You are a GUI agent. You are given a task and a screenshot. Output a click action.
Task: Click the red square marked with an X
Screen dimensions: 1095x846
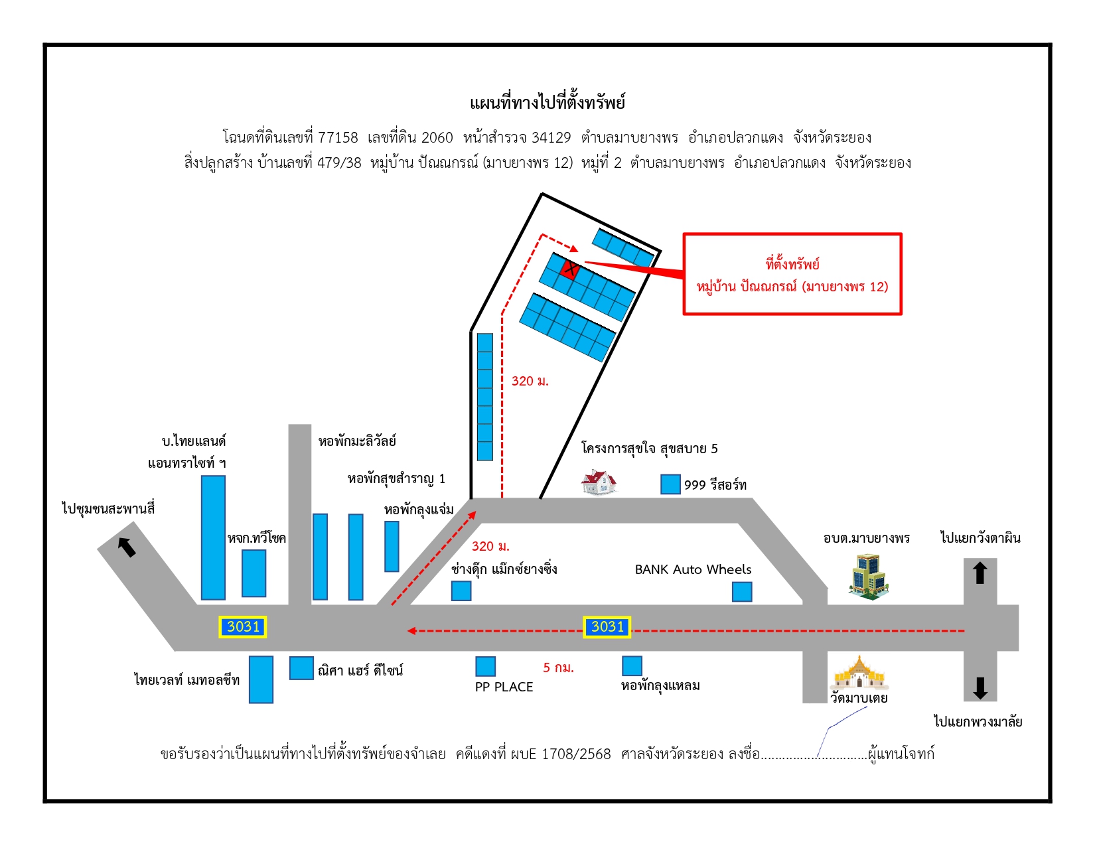tap(569, 269)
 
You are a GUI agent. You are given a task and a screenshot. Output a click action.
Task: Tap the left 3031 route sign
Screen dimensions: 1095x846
tap(242, 627)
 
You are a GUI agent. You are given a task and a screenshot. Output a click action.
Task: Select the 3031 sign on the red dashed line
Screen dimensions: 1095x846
tap(607, 627)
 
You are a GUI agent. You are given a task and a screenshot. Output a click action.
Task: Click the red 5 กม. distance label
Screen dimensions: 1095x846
tap(558, 668)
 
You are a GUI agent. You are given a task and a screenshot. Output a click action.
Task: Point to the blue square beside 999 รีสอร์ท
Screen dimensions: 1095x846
tap(670, 484)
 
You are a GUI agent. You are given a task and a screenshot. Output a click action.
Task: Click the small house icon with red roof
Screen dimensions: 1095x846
tap(599, 482)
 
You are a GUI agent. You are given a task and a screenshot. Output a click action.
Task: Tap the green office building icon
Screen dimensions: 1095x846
tap(868, 577)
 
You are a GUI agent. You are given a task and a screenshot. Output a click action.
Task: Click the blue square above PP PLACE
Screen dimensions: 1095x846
tap(485, 666)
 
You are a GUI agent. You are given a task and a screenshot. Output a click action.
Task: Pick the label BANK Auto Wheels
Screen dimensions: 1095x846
tap(693, 569)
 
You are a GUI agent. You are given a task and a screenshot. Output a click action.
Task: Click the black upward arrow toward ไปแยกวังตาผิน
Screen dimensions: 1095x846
tap(980, 573)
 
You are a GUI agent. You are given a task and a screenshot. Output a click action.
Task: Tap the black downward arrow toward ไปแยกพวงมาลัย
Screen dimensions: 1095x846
tap(980, 688)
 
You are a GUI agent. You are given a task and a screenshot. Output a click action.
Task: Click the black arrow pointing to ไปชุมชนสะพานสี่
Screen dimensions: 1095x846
tap(127, 547)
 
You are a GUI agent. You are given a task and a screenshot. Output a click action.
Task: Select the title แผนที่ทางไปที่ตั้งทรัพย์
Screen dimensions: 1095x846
tap(547, 102)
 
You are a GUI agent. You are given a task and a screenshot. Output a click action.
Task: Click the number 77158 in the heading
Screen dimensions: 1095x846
tap(338, 137)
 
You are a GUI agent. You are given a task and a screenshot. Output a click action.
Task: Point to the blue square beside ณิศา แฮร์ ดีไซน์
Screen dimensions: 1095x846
tap(301, 668)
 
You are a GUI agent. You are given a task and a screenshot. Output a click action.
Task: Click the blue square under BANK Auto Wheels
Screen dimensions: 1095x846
tap(742, 592)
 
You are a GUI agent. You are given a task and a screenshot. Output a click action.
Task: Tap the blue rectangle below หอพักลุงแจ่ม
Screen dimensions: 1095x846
tap(392, 547)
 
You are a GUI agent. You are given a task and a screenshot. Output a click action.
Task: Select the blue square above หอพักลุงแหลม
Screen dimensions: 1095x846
tap(632, 666)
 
